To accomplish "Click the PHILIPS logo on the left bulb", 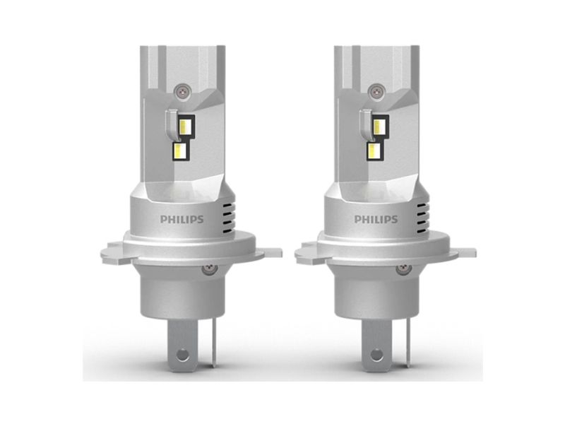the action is pyautogui.click(x=182, y=219).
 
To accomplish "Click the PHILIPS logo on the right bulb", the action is pyautogui.click(x=376, y=219).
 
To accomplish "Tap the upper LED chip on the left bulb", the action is pyautogui.click(x=185, y=126).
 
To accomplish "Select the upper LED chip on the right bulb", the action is pyautogui.click(x=379, y=126).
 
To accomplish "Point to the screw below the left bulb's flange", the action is pyautogui.click(x=210, y=269).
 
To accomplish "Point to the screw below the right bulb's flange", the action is pyautogui.click(x=403, y=269).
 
